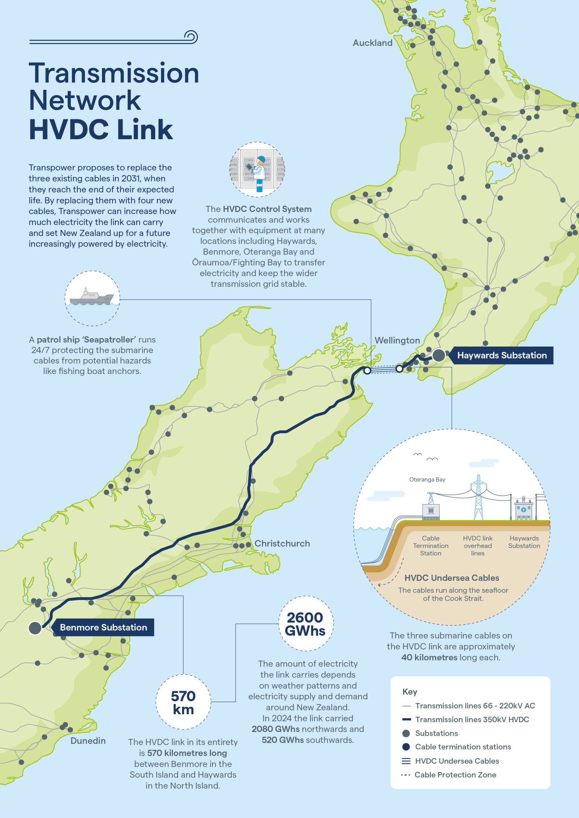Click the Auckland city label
pyautogui.click(x=372, y=43)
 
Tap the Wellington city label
pyautogui.click(x=397, y=340)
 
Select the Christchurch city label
pyautogui.click(x=282, y=544)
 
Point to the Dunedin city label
pyautogui.click(x=88, y=741)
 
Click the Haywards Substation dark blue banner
pyautogui.click(x=502, y=355)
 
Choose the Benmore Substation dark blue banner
pyautogui.click(x=103, y=627)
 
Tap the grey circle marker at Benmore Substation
pyautogui.click(x=35, y=628)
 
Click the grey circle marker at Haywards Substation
pyautogui.click(x=439, y=355)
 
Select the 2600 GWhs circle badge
pyautogui.click(x=306, y=624)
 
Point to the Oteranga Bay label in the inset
pyautogui.click(x=427, y=480)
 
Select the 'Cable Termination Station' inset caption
pyautogui.click(x=431, y=546)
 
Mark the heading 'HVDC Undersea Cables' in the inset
pyautogui.click(x=452, y=578)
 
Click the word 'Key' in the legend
pyautogui.click(x=410, y=692)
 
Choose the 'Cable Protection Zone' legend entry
pyautogui.click(x=455, y=775)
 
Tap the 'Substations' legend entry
pyautogui.click(x=436, y=733)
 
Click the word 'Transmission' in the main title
pyautogui.click(x=114, y=73)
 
